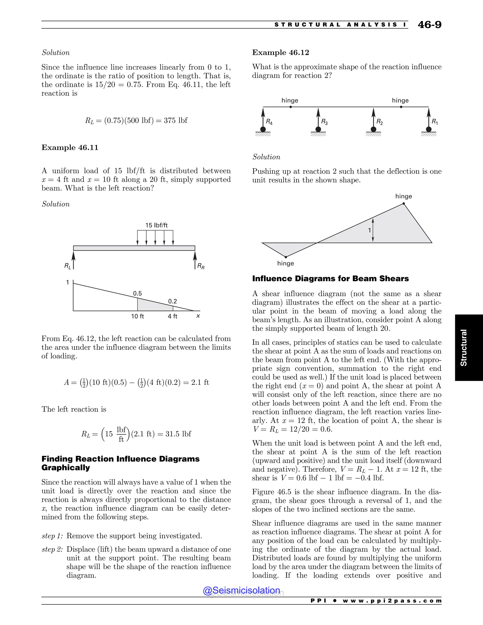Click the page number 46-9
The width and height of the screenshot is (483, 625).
429,25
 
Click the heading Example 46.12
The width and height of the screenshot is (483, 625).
280,53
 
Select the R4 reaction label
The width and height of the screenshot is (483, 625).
269,122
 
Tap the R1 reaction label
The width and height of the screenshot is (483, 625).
434,122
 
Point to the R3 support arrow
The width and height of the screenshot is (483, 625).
318,117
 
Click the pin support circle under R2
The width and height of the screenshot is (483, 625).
373,129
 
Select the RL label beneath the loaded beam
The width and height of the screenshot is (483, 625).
67,266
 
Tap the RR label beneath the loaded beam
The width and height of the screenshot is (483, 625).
201,267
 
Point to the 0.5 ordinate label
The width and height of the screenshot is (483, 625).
137,293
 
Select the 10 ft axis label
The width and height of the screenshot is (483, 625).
137,316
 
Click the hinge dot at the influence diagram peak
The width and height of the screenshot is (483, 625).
404,204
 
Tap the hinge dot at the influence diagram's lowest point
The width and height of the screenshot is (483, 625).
286,257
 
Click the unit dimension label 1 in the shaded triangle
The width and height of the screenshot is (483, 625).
369,230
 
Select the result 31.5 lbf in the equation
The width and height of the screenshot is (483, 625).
178,434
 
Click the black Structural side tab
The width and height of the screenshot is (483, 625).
463,347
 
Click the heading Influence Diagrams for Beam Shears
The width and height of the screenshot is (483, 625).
330,279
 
